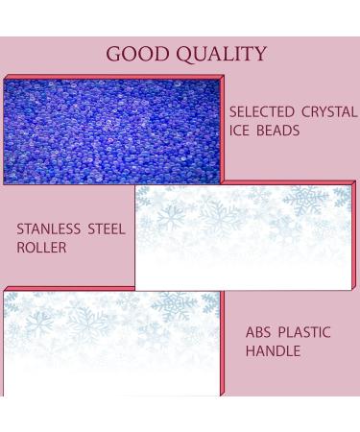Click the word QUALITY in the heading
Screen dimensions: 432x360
point(222,54)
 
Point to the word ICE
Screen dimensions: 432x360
point(242,131)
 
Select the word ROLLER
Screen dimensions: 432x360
point(39,248)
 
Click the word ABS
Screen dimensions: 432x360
point(260,332)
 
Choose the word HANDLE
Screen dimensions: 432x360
point(274,351)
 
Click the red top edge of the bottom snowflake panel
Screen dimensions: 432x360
point(113,288)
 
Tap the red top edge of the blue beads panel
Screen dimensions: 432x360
point(113,77)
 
